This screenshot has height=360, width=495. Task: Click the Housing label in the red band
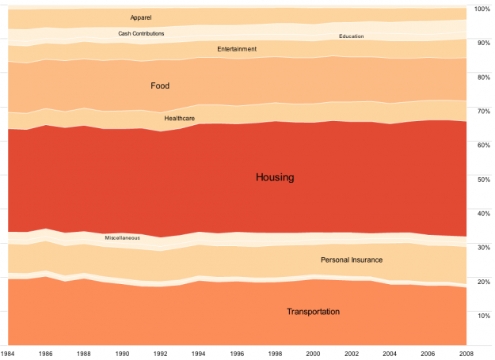[x=275, y=177]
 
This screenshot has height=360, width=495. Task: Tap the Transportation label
[x=313, y=312]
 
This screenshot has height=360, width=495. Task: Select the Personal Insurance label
[x=352, y=260]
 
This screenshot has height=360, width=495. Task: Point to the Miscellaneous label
[x=123, y=237]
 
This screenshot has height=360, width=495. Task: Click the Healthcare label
[x=180, y=118]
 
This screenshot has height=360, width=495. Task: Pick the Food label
[x=160, y=85]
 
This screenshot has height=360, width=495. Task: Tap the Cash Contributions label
[x=141, y=33]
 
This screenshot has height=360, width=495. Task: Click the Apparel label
[x=141, y=17]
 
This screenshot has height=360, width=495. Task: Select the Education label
[x=351, y=36]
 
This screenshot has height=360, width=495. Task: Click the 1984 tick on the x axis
[x=10, y=353]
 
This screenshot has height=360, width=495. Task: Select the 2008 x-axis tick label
[x=467, y=353]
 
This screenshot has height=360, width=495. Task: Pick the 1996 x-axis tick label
[x=238, y=353]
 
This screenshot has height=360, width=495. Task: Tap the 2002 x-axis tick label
[x=353, y=353]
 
